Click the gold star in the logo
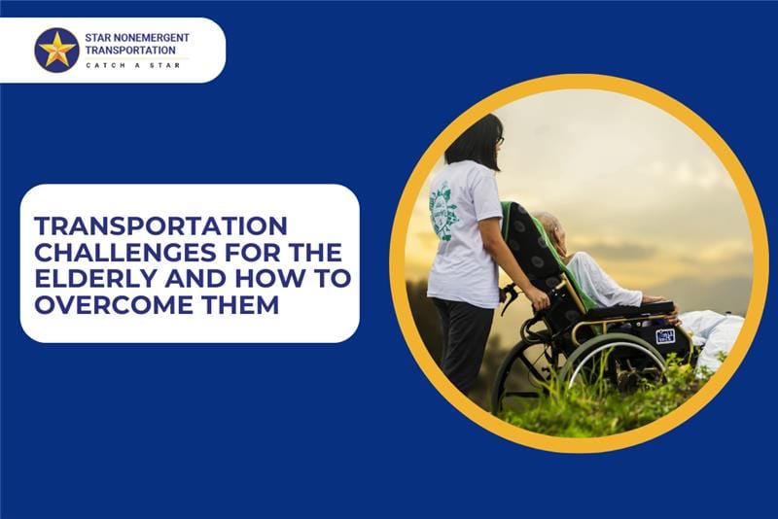57,50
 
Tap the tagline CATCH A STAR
133,65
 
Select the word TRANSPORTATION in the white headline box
161,226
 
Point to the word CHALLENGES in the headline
126,253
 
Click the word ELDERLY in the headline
95,279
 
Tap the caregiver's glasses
500,141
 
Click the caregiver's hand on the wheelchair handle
538,298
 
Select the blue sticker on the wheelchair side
665,336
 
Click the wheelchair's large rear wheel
617,367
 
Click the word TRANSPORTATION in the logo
130,51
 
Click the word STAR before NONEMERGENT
98,38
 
